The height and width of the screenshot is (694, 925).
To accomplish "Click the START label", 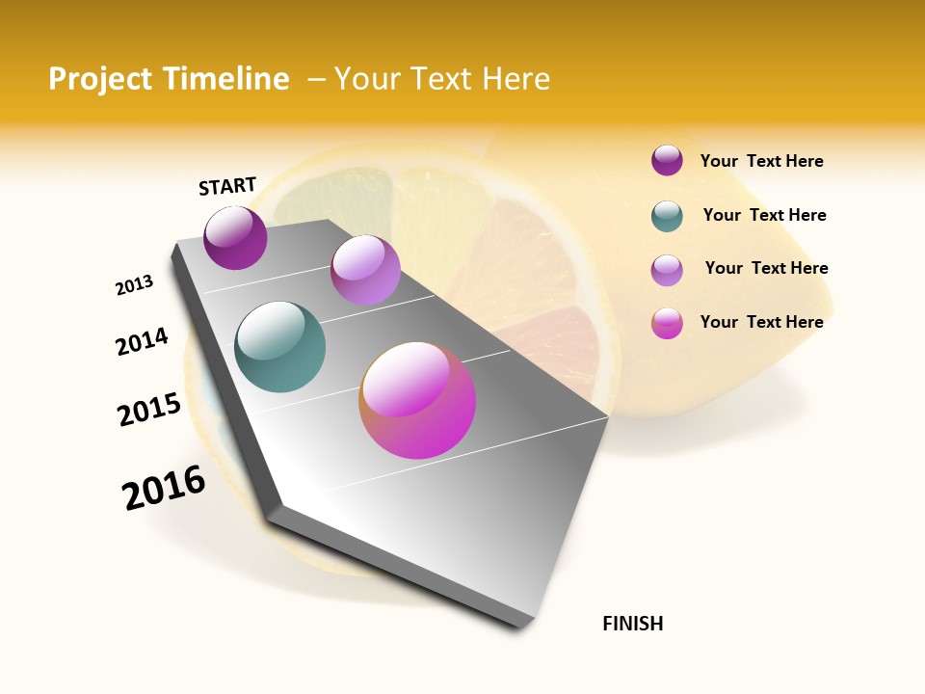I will point(227,186).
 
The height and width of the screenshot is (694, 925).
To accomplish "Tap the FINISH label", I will point(633,624).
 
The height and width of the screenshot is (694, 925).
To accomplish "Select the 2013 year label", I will point(135,285).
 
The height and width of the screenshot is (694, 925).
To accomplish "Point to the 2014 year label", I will point(143,341).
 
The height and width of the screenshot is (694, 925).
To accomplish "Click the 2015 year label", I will point(149,410).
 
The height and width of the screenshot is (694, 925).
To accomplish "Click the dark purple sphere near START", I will point(235,238).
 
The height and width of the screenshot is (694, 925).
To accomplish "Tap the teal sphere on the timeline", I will point(280,347).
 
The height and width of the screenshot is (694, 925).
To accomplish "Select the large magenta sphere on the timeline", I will point(417,400).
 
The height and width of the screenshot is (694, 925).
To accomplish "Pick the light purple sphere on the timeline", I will point(365,270).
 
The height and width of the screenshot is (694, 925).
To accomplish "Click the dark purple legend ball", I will point(667,160).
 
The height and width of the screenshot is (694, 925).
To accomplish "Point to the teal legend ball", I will point(667,216).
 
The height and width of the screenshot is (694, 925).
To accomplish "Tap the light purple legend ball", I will point(667,270).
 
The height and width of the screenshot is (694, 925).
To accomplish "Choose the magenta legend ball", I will point(667,323).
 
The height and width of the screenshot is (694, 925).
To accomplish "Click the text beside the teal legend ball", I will point(764,215).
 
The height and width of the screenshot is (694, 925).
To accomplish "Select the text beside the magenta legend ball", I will point(761,322).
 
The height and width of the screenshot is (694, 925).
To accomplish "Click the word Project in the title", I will point(100,79).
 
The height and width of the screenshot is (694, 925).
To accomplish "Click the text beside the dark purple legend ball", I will point(761,161).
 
